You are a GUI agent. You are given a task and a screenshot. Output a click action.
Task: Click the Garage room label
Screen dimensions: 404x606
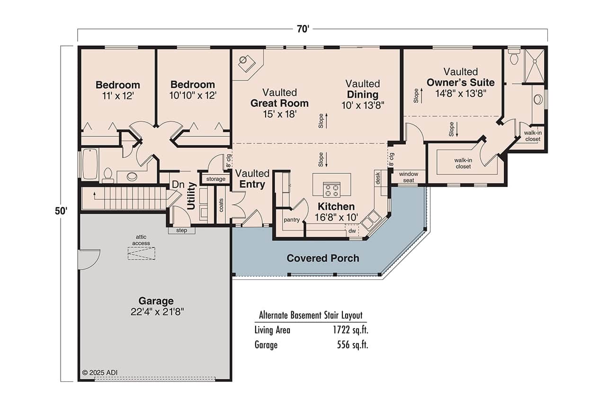156,301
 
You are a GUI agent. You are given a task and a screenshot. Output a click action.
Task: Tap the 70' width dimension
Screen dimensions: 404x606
303,29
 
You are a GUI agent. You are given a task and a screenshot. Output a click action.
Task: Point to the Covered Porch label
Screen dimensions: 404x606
323,258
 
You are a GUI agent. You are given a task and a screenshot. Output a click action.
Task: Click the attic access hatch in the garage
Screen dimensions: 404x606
141,253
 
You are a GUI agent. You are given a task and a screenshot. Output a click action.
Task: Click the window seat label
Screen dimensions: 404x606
408,177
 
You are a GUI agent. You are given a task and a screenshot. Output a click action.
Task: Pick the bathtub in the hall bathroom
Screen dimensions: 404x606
90,164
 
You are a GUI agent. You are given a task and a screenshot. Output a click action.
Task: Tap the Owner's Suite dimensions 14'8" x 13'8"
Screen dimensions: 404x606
461,93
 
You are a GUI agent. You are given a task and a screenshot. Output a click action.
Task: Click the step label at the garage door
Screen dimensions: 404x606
181,231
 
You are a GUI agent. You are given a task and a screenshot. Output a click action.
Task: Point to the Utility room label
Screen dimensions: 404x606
191,196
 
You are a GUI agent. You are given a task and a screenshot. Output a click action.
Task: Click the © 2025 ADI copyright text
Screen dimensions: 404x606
99,372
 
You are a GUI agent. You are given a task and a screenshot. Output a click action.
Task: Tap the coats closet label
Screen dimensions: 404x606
221,205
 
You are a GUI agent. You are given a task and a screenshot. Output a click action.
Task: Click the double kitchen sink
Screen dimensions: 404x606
372,219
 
